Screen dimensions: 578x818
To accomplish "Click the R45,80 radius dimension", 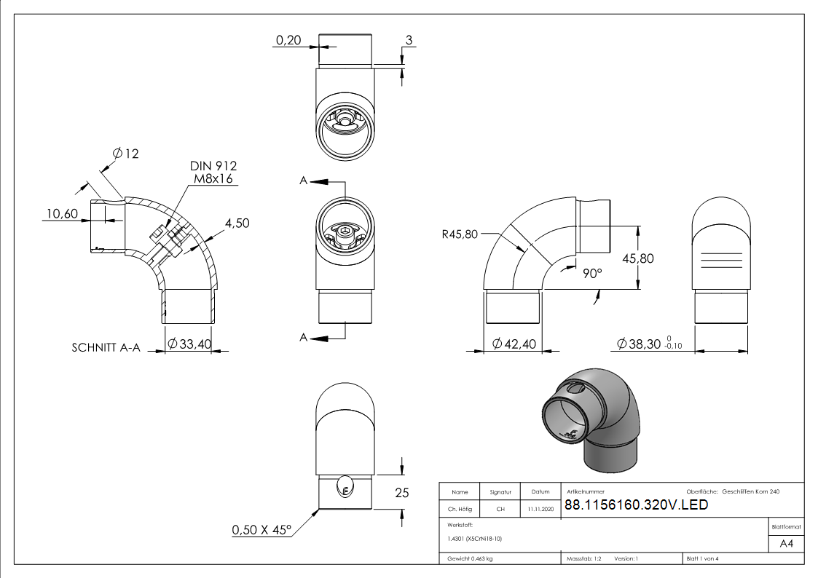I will pos(460,234).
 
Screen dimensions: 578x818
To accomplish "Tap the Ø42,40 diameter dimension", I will pos(515,344).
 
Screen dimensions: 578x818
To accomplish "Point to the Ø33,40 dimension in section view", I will pos(189,344).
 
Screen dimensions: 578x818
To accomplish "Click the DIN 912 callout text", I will pos(213,167).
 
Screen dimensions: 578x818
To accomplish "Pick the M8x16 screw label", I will pos(213,179).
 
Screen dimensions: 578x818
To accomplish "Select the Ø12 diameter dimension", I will pos(126,154).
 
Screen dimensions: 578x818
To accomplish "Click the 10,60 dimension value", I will pos(63,213).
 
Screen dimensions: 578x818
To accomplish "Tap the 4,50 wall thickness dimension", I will pos(237,223).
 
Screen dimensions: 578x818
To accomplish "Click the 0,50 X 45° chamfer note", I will pos(261,529).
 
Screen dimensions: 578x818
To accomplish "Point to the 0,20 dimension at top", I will pos(288,41).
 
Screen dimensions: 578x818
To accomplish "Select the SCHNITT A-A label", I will pos(108,347).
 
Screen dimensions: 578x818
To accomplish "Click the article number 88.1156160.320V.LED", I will pos(636,505).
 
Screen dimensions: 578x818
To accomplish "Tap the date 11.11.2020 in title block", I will pos(540,510).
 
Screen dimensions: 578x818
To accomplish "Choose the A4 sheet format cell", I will pos(786,543).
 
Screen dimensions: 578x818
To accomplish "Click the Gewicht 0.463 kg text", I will pos(470,558).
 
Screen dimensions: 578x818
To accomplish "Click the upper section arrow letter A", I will pos(304,181).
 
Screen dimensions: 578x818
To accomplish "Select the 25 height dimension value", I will pos(401,493).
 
